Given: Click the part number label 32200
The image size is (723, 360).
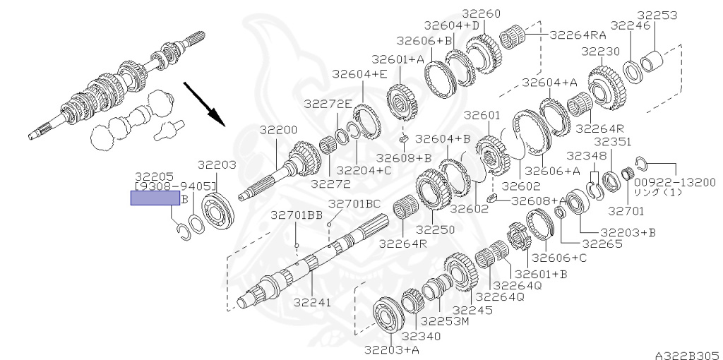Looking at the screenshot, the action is (x=278, y=130).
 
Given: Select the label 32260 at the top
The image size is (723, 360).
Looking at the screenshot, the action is (x=482, y=14).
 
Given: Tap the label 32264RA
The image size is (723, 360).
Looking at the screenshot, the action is (x=578, y=35).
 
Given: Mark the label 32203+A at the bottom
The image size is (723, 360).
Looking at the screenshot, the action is (x=389, y=350).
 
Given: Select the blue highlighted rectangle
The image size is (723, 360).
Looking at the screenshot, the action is (x=155, y=198).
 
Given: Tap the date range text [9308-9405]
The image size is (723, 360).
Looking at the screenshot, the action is (x=175, y=186).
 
